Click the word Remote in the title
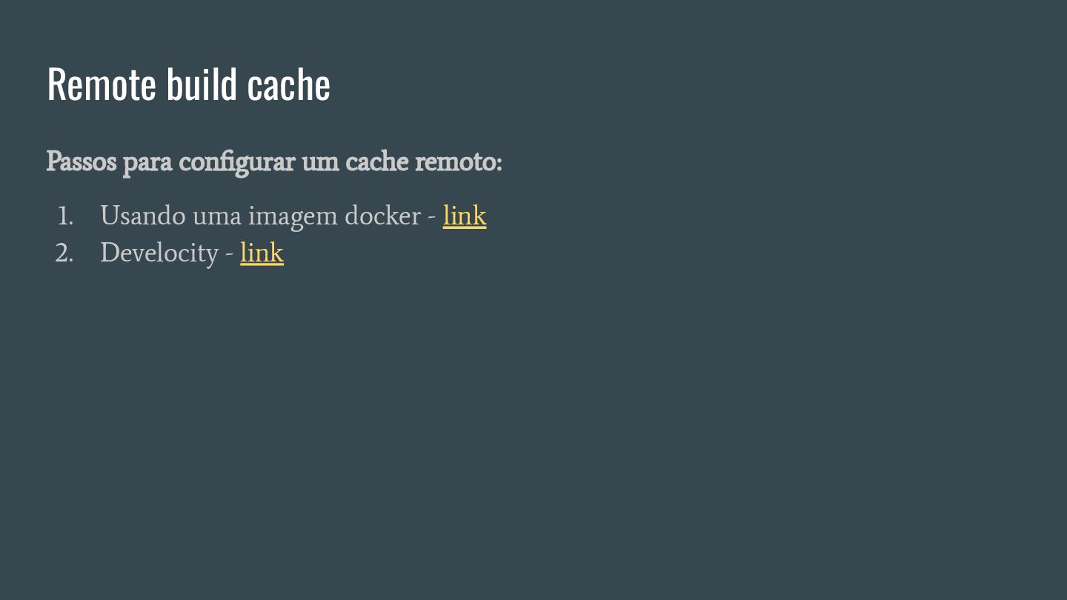102,85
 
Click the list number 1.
65,216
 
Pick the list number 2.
64,253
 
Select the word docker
382,216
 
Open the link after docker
465,216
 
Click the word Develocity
159,253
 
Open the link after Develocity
262,253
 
